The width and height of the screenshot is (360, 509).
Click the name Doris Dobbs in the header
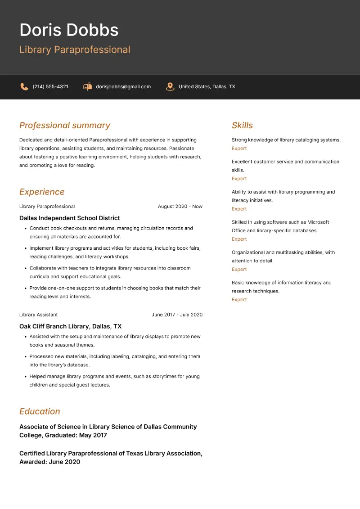tap(69, 30)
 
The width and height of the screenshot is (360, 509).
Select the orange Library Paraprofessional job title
tap(75, 50)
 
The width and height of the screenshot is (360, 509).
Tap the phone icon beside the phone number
tap(24, 86)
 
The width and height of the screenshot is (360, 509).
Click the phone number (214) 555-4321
tap(50, 86)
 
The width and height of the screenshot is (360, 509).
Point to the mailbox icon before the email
tap(87, 86)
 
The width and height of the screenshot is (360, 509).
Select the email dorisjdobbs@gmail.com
tap(123, 86)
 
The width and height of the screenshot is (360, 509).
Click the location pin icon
tap(170, 86)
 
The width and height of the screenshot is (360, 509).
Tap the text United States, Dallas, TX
tap(207, 86)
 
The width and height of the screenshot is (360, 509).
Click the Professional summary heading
tap(65, 126)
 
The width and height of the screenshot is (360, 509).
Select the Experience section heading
tap(42, 192)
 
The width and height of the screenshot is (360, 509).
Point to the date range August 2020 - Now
tap(180, 207)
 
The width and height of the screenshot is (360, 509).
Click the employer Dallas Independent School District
tap(70, 218)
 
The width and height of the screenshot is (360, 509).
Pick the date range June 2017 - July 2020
tap(177, 315)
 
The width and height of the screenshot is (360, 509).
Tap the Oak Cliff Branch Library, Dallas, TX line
tap(71, 326)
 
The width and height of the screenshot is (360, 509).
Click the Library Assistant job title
tap(39, 315)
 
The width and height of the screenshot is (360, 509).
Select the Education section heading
tap(40, 411)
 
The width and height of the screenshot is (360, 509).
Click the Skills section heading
tap(242, 126)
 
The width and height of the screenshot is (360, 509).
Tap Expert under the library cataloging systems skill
tap(239, 149)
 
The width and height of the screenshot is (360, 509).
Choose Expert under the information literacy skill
tap(239, 300)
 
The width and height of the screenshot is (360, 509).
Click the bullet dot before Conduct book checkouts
tap(25, 229)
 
